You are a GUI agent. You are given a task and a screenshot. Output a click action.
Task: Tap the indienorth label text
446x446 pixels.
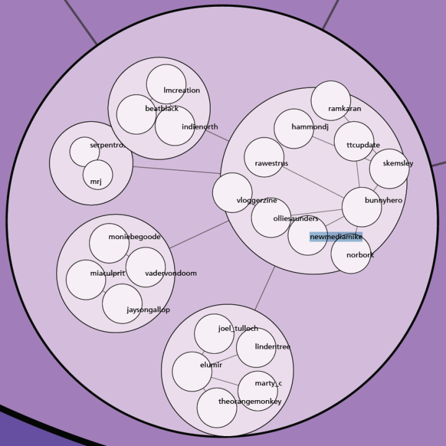199,127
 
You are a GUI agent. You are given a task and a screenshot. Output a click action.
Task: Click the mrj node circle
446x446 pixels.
98,175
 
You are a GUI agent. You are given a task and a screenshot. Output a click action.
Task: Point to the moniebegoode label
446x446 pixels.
134,237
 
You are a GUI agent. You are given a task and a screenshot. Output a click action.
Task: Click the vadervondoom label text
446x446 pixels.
170,273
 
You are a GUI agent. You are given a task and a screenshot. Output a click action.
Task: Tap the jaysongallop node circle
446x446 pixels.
122,304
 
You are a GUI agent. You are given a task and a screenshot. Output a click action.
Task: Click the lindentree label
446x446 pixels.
273,347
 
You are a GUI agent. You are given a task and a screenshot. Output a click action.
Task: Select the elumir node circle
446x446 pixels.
191,372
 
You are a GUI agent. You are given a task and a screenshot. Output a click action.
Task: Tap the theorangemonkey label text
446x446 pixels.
250,401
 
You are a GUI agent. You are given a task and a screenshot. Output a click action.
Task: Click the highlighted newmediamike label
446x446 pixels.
336,237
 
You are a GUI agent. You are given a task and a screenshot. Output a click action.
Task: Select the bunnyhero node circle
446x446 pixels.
362,207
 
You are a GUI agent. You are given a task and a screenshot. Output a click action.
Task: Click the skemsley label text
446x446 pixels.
398,164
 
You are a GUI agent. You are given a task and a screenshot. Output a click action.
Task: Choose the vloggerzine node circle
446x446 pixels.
232,192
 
